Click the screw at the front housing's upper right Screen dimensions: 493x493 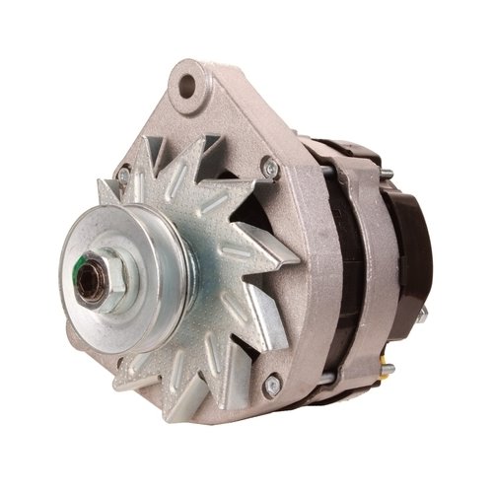point(269,171)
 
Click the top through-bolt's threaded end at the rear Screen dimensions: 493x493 point(387,176)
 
